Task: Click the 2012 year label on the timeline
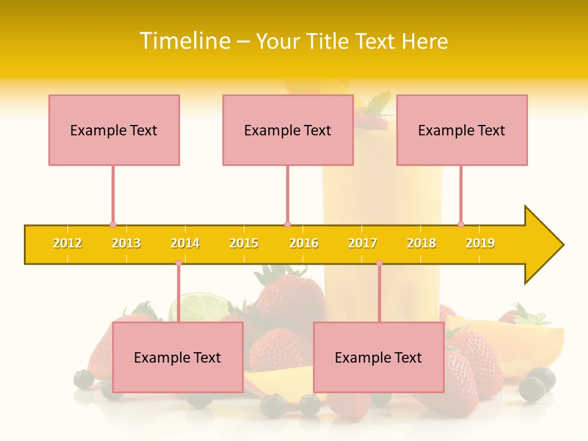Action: click(x=67, y=243)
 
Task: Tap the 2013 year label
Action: click(x=126, y=243)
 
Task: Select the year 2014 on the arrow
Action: click(x=185, y=243)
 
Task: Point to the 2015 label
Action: click(x=244, y=243)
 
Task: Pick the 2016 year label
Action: click(x=304, y=243)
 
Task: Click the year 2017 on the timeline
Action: click(x=363, y=243)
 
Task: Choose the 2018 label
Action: click(x=421, y=243)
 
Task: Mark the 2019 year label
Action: click(x=480, y=243)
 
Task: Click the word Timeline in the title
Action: click(x=184, y=41)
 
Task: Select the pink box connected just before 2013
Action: click(x=114, y=130)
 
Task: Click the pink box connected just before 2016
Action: click(x=288, y=130)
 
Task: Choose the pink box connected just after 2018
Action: click(x=462, y=130)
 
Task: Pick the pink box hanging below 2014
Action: click(x=178, y=357)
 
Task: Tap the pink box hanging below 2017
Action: click(x=379, y=357)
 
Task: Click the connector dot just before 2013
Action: click(x=113, y=224)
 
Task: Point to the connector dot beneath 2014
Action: click(x=178, y=263)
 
